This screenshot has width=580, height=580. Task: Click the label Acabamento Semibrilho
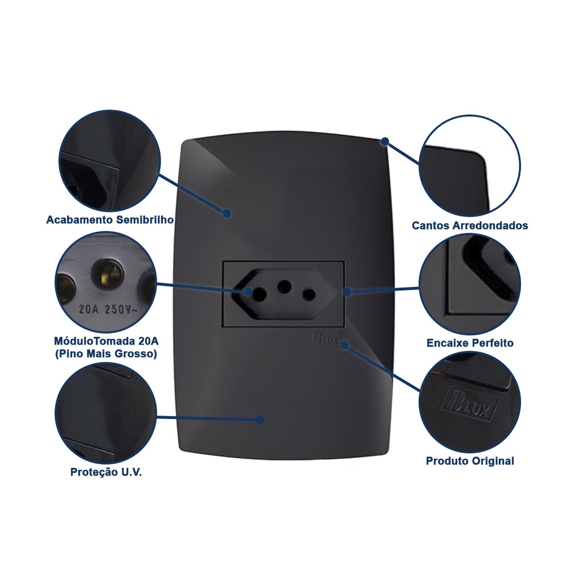pos(110,220)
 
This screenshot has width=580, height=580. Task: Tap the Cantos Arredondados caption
pos(470,225)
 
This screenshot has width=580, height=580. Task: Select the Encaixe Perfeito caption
pos(470,343)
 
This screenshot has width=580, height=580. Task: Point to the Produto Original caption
pos(470,461)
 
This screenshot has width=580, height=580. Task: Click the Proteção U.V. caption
pos(106,472)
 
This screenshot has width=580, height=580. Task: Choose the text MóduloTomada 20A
pos(106,340)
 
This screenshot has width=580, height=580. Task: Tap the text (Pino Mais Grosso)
pos(106,354)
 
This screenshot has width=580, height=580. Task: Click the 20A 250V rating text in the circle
pos(108,309)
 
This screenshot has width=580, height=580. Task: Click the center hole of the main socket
pos(284,285)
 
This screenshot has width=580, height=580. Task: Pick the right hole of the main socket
pos(309,295)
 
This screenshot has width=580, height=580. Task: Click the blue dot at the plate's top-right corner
pos(385,141)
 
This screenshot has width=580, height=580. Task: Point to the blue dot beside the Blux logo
pos(344,345)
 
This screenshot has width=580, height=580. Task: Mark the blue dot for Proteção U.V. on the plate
pos(261,420)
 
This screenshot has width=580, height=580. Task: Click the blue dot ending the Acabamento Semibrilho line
pos(227,214)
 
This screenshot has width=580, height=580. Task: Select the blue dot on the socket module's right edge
pos(347,292)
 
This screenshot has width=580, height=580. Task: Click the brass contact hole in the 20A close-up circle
pos(107,271)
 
